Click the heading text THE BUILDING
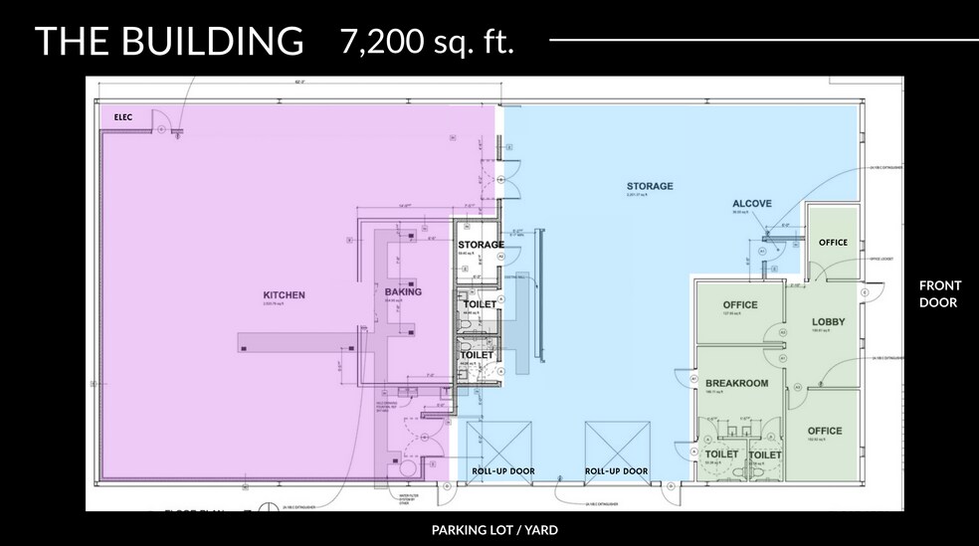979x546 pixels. (x=169, y=41)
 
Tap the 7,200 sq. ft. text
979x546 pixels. (x=427, y=41)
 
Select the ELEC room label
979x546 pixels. (x=123, y=117)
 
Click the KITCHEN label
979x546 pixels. (x=284, y=295)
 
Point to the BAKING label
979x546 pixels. (x=403, y=292)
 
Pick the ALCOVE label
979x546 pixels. (x=752, y=204)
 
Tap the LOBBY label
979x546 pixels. (x=828, y=322)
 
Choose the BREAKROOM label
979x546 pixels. (x=736, y=383)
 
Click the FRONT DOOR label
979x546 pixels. (x=940, y=293)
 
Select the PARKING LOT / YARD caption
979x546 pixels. (x=494, y=530)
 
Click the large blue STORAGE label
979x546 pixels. (x=650, y=186)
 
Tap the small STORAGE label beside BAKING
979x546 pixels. (x=481, y=245)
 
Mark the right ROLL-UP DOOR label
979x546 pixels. (x=616, y=471)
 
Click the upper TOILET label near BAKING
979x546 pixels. (x=479, y=304)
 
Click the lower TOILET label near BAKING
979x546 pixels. (x=478, y=355)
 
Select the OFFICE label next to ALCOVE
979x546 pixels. (x=833, y=243)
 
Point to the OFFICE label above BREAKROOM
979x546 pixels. (x=740, y=305)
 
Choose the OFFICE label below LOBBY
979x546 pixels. (x=825, y=431)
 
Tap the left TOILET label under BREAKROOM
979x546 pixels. (x=722, y=455)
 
